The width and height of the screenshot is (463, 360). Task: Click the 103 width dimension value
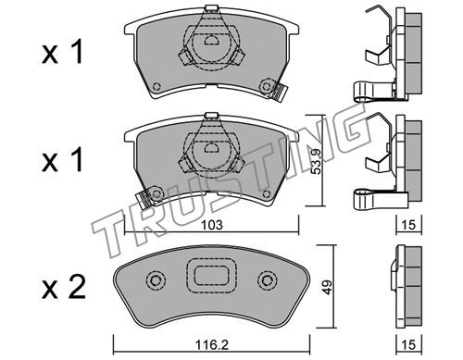212,225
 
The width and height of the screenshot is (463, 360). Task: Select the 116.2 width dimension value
212,344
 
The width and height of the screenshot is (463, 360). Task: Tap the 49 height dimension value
327,287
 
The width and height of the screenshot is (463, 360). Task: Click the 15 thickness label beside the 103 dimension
408,225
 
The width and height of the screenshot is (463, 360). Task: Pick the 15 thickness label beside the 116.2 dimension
408,344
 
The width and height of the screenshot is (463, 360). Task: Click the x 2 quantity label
64,287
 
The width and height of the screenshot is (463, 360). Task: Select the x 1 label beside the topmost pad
63,52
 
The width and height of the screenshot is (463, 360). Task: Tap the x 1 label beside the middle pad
63,159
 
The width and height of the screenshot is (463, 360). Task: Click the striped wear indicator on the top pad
280,92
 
